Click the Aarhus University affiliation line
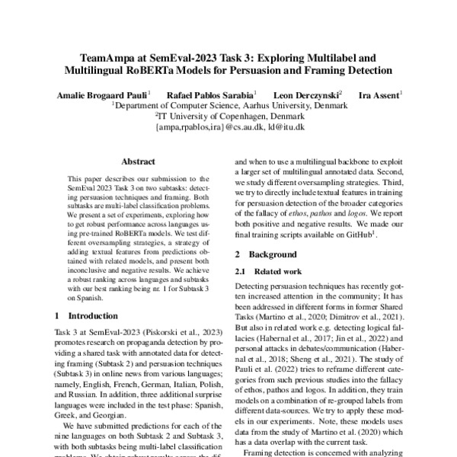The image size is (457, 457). click(x=228, y=107)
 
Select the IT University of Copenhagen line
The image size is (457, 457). click(x=228, y=117)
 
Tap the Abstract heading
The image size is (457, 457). click(x=138, y=162)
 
